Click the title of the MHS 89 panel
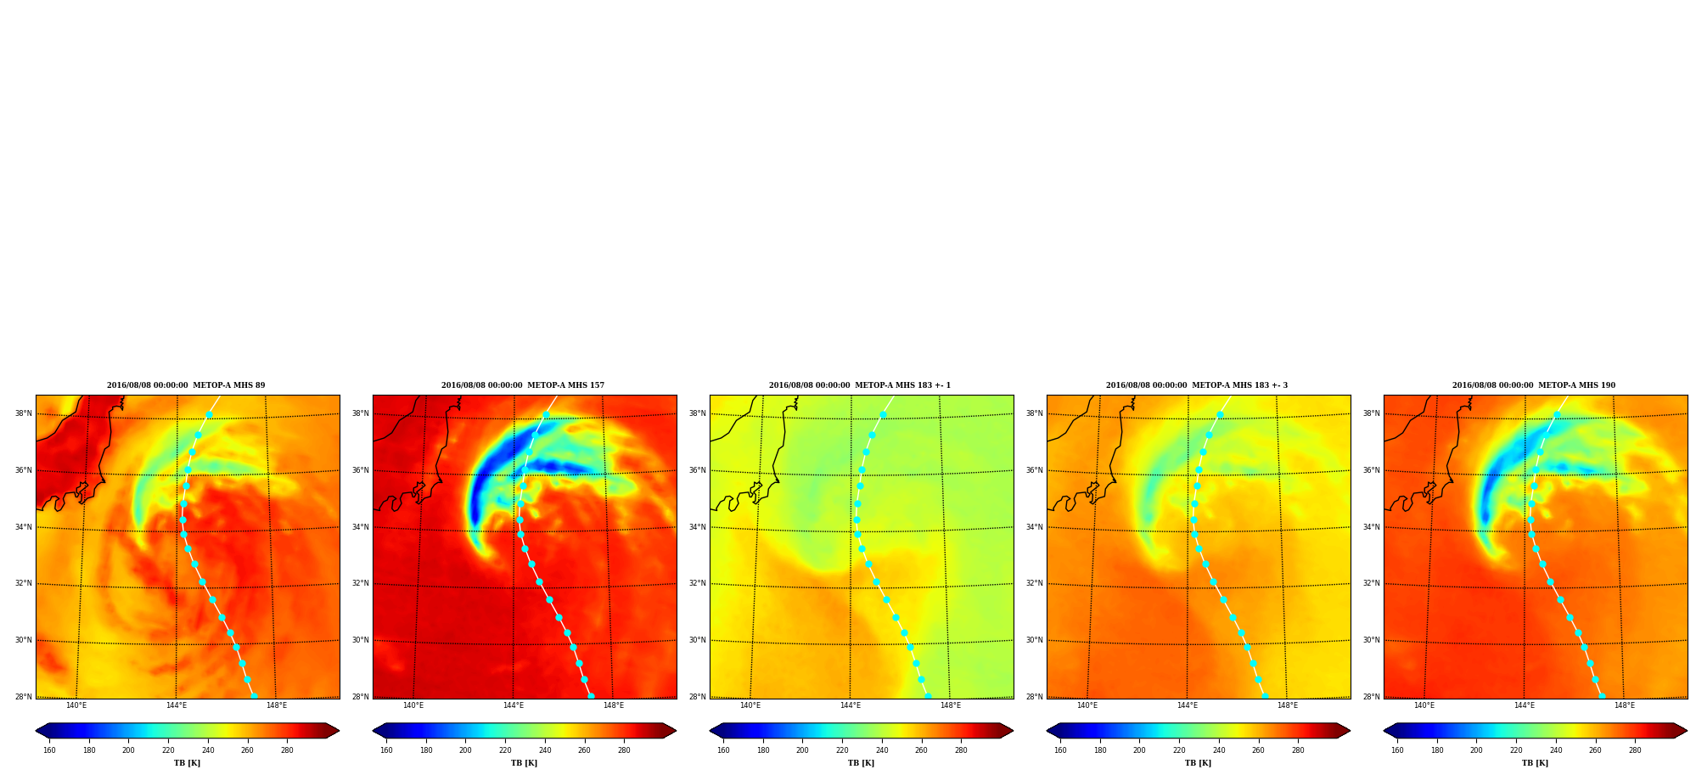pos(186,385)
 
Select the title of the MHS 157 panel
pos(523,385)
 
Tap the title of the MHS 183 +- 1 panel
pos(860,385)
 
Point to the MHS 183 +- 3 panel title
pos(1197,385)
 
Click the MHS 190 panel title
pos(1534,385)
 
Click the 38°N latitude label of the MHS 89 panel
pos(23,413)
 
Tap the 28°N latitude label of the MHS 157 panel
pos(360,697)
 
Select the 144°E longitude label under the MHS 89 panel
pos(177,705)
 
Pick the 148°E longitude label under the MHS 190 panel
pos(1625,705)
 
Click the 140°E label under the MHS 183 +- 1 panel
pos(750,705)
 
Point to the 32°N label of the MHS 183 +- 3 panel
pos(1034,583)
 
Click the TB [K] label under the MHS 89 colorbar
pos(188,763)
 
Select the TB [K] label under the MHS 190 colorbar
pos(1536,763)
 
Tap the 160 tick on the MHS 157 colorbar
pos(386,750)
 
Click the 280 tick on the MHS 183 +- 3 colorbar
pos(1298,750)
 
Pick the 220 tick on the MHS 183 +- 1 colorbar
pos(842,750)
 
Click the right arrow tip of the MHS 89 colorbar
pos(340,731)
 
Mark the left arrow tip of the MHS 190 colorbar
pos(1384,731)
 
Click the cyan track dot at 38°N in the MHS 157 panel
pos(546,415)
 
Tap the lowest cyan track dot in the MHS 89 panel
pos(254,696)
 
